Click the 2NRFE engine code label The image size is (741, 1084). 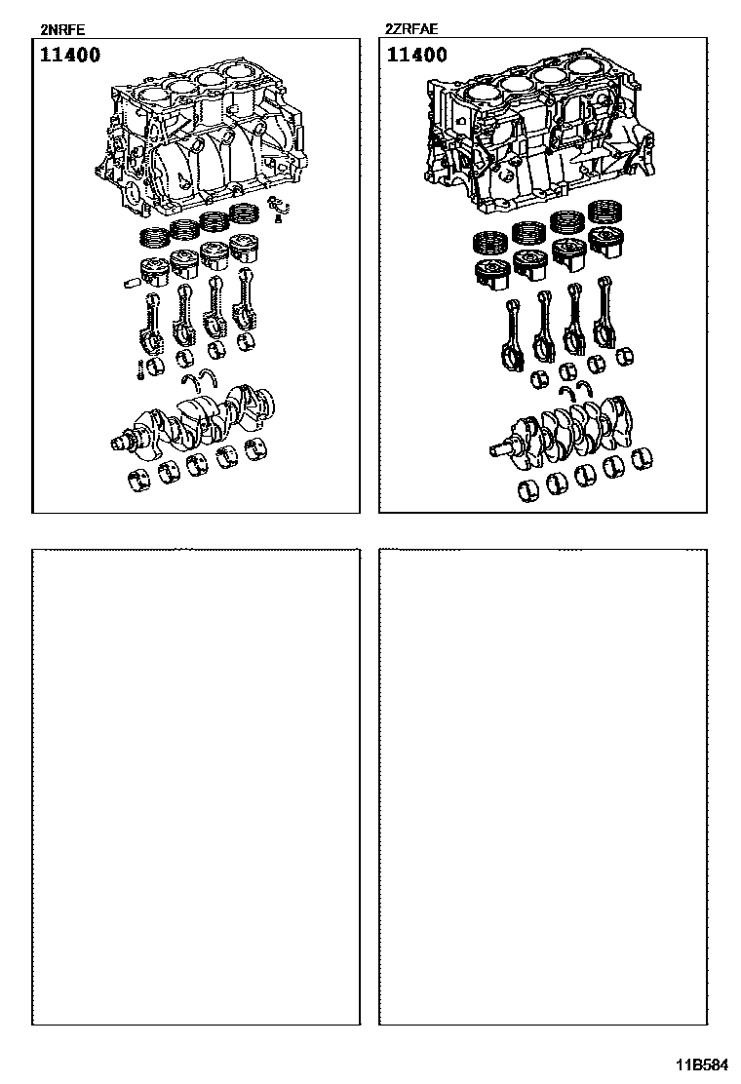pyautogui.click(x=63, y=29)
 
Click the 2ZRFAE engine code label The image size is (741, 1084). pyautogui.click(x=411, y=29)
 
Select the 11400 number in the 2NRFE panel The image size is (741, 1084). pyautogui.click(x=70, y=55)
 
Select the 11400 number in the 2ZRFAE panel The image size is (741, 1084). pyautogui.click(x=417, y=55)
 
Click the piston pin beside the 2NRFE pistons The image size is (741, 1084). pyautogui.click(x=130, y=282)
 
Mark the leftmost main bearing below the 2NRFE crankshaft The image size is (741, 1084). pyautogui.click(x=140, y=480)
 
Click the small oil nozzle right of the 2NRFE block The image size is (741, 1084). pyautogui.click(x=278, y=206)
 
